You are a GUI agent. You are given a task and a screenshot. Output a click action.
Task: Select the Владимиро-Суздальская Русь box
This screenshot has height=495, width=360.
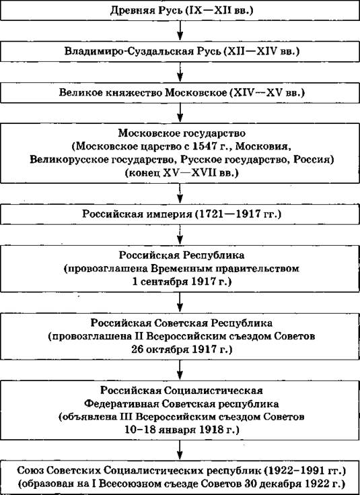(x=180, y=51)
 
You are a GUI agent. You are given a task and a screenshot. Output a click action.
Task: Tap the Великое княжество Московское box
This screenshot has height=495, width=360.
(x=180, y=93)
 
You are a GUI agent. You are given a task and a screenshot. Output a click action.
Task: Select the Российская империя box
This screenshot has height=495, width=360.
(x=180, y=214)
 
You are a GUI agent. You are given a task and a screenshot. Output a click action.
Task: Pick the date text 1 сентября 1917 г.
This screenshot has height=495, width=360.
(x=182, y=282)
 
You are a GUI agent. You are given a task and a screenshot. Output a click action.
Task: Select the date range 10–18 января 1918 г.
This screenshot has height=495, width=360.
(x=182, y=430)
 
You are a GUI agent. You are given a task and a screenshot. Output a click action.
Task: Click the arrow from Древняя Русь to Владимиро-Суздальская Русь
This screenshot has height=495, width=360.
(x=180, y=31)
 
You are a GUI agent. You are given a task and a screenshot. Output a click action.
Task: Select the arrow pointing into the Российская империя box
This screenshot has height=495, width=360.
(x=180, y=194)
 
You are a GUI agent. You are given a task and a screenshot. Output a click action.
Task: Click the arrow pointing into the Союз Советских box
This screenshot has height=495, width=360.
(x=180, y=450)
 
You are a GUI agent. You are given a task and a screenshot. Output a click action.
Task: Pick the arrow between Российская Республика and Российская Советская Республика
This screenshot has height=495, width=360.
(x=180, y=302)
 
